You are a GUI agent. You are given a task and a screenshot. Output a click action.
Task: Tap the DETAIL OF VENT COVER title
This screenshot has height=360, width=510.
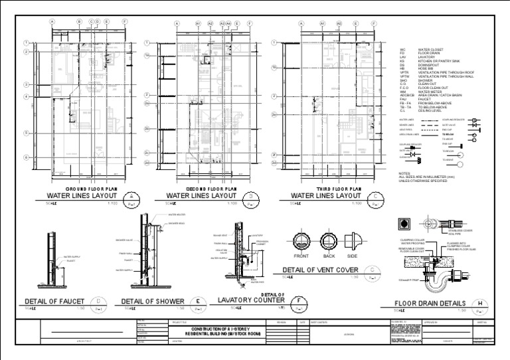[x=320, y=270]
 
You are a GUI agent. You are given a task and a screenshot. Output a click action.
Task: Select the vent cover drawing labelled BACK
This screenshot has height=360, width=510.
[x=329, y=242]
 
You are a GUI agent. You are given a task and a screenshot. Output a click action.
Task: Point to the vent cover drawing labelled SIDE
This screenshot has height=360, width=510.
[x=352, y=242]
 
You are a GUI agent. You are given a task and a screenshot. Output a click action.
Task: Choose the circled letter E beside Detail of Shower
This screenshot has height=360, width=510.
[x=199, y=301]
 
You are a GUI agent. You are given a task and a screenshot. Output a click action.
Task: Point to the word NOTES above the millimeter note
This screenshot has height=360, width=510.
[x=404, y=173]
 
